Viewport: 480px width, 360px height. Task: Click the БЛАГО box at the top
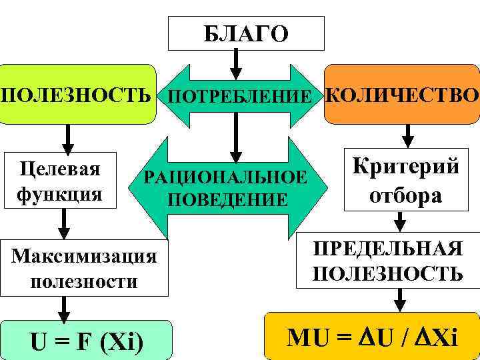(246, 33)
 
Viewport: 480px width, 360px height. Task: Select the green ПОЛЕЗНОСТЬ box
(77, 94)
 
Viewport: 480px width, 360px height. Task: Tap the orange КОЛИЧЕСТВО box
(402, 94)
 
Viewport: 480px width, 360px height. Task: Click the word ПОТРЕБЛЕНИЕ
(239, 97)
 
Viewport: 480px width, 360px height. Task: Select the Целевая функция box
(59, 179)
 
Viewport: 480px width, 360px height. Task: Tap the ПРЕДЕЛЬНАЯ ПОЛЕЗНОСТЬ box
(387, 261)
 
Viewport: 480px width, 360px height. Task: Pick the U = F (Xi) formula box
(85, 339)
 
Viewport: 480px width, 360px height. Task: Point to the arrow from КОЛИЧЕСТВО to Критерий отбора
(408, 135)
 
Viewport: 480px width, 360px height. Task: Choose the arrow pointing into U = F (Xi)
(64, 307)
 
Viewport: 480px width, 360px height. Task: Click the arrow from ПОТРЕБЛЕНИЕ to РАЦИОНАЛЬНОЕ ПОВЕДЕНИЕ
(235, 137)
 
